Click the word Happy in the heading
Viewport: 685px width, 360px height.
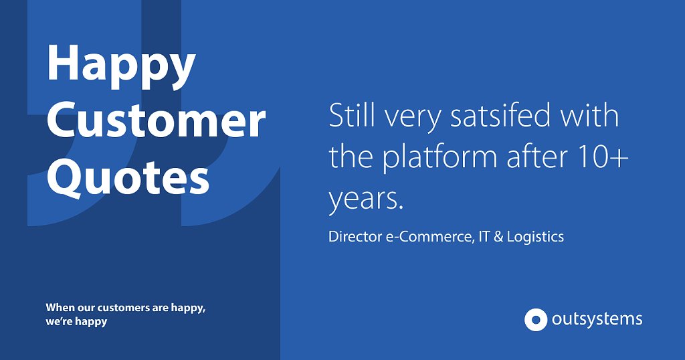120,66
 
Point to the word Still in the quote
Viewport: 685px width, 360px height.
352,115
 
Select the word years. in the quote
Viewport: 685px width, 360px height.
366,199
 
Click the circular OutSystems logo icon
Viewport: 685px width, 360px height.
536,319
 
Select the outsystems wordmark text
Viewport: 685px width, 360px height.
597,319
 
